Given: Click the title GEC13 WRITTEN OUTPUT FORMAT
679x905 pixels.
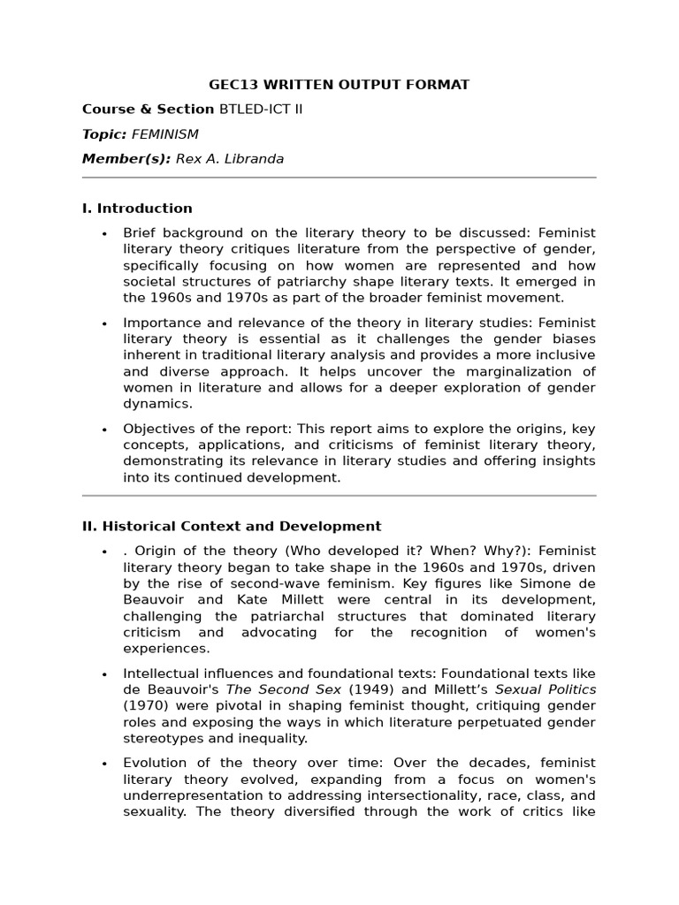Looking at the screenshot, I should pos(339,85).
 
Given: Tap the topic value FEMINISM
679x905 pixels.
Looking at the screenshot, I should pos(164,134).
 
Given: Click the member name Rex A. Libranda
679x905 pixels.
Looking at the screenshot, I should pos(230,159).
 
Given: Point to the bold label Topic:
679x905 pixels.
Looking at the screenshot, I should pos(104,134).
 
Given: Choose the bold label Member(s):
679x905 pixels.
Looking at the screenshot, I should pos(126,159).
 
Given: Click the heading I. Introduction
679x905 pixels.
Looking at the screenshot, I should pos(137,209).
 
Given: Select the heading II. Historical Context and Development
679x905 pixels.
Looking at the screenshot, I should pos(232,526).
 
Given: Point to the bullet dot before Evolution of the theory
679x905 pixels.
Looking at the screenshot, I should pos(104,764).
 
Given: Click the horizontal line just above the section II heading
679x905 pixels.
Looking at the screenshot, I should pos(339,496).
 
